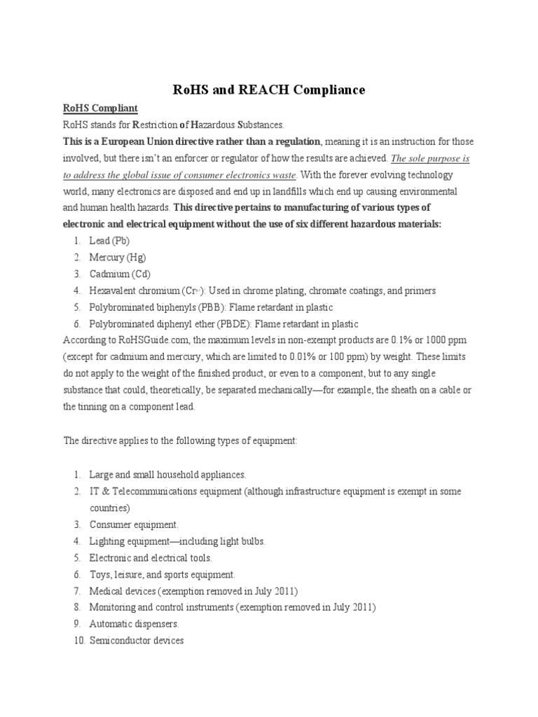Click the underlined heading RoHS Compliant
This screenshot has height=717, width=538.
[101, 108]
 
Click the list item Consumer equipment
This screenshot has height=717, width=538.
[134, 524]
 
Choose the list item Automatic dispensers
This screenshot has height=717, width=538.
[134, 624]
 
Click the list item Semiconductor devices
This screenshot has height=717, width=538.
[136, 641]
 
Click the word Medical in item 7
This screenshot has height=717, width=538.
[106, 591]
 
